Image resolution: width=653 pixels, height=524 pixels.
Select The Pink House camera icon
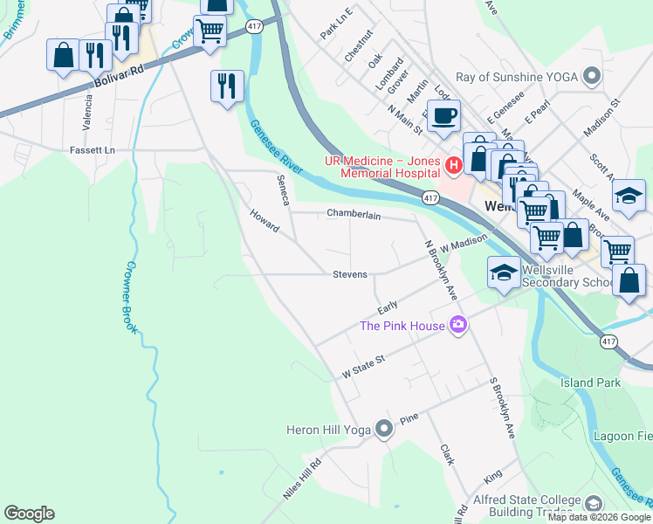(x=458, y=327)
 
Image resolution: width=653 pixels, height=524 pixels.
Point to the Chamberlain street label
(x=354, y=214)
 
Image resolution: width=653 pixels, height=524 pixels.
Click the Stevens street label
(x=350, y=274)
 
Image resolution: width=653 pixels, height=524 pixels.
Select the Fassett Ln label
(x=93, y=150)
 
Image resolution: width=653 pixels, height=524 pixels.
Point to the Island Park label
(x=591, y=383)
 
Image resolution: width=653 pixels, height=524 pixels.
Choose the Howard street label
(x=264, y=221)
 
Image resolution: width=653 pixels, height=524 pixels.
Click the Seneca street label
(x=283, y=189)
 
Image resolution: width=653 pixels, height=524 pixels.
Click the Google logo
(x=29, y=514)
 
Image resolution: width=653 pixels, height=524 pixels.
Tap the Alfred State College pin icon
(x=594, y=504)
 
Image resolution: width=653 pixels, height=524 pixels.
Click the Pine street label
(x=409, y=420)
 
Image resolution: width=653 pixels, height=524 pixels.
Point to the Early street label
(x=388, y=307)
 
